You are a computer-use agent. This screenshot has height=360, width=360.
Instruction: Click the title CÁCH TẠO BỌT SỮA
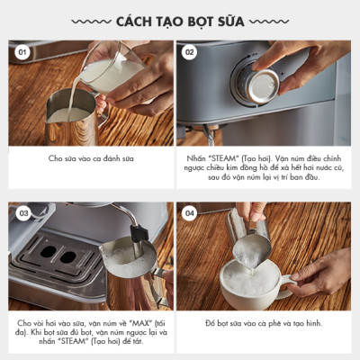179,20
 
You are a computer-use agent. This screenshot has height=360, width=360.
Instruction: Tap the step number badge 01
23,52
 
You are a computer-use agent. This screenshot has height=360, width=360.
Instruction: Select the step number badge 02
190,52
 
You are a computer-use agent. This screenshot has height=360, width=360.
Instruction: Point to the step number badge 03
23,214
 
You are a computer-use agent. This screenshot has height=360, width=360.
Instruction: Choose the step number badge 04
190,214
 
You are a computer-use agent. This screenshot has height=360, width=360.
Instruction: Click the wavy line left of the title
90,20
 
